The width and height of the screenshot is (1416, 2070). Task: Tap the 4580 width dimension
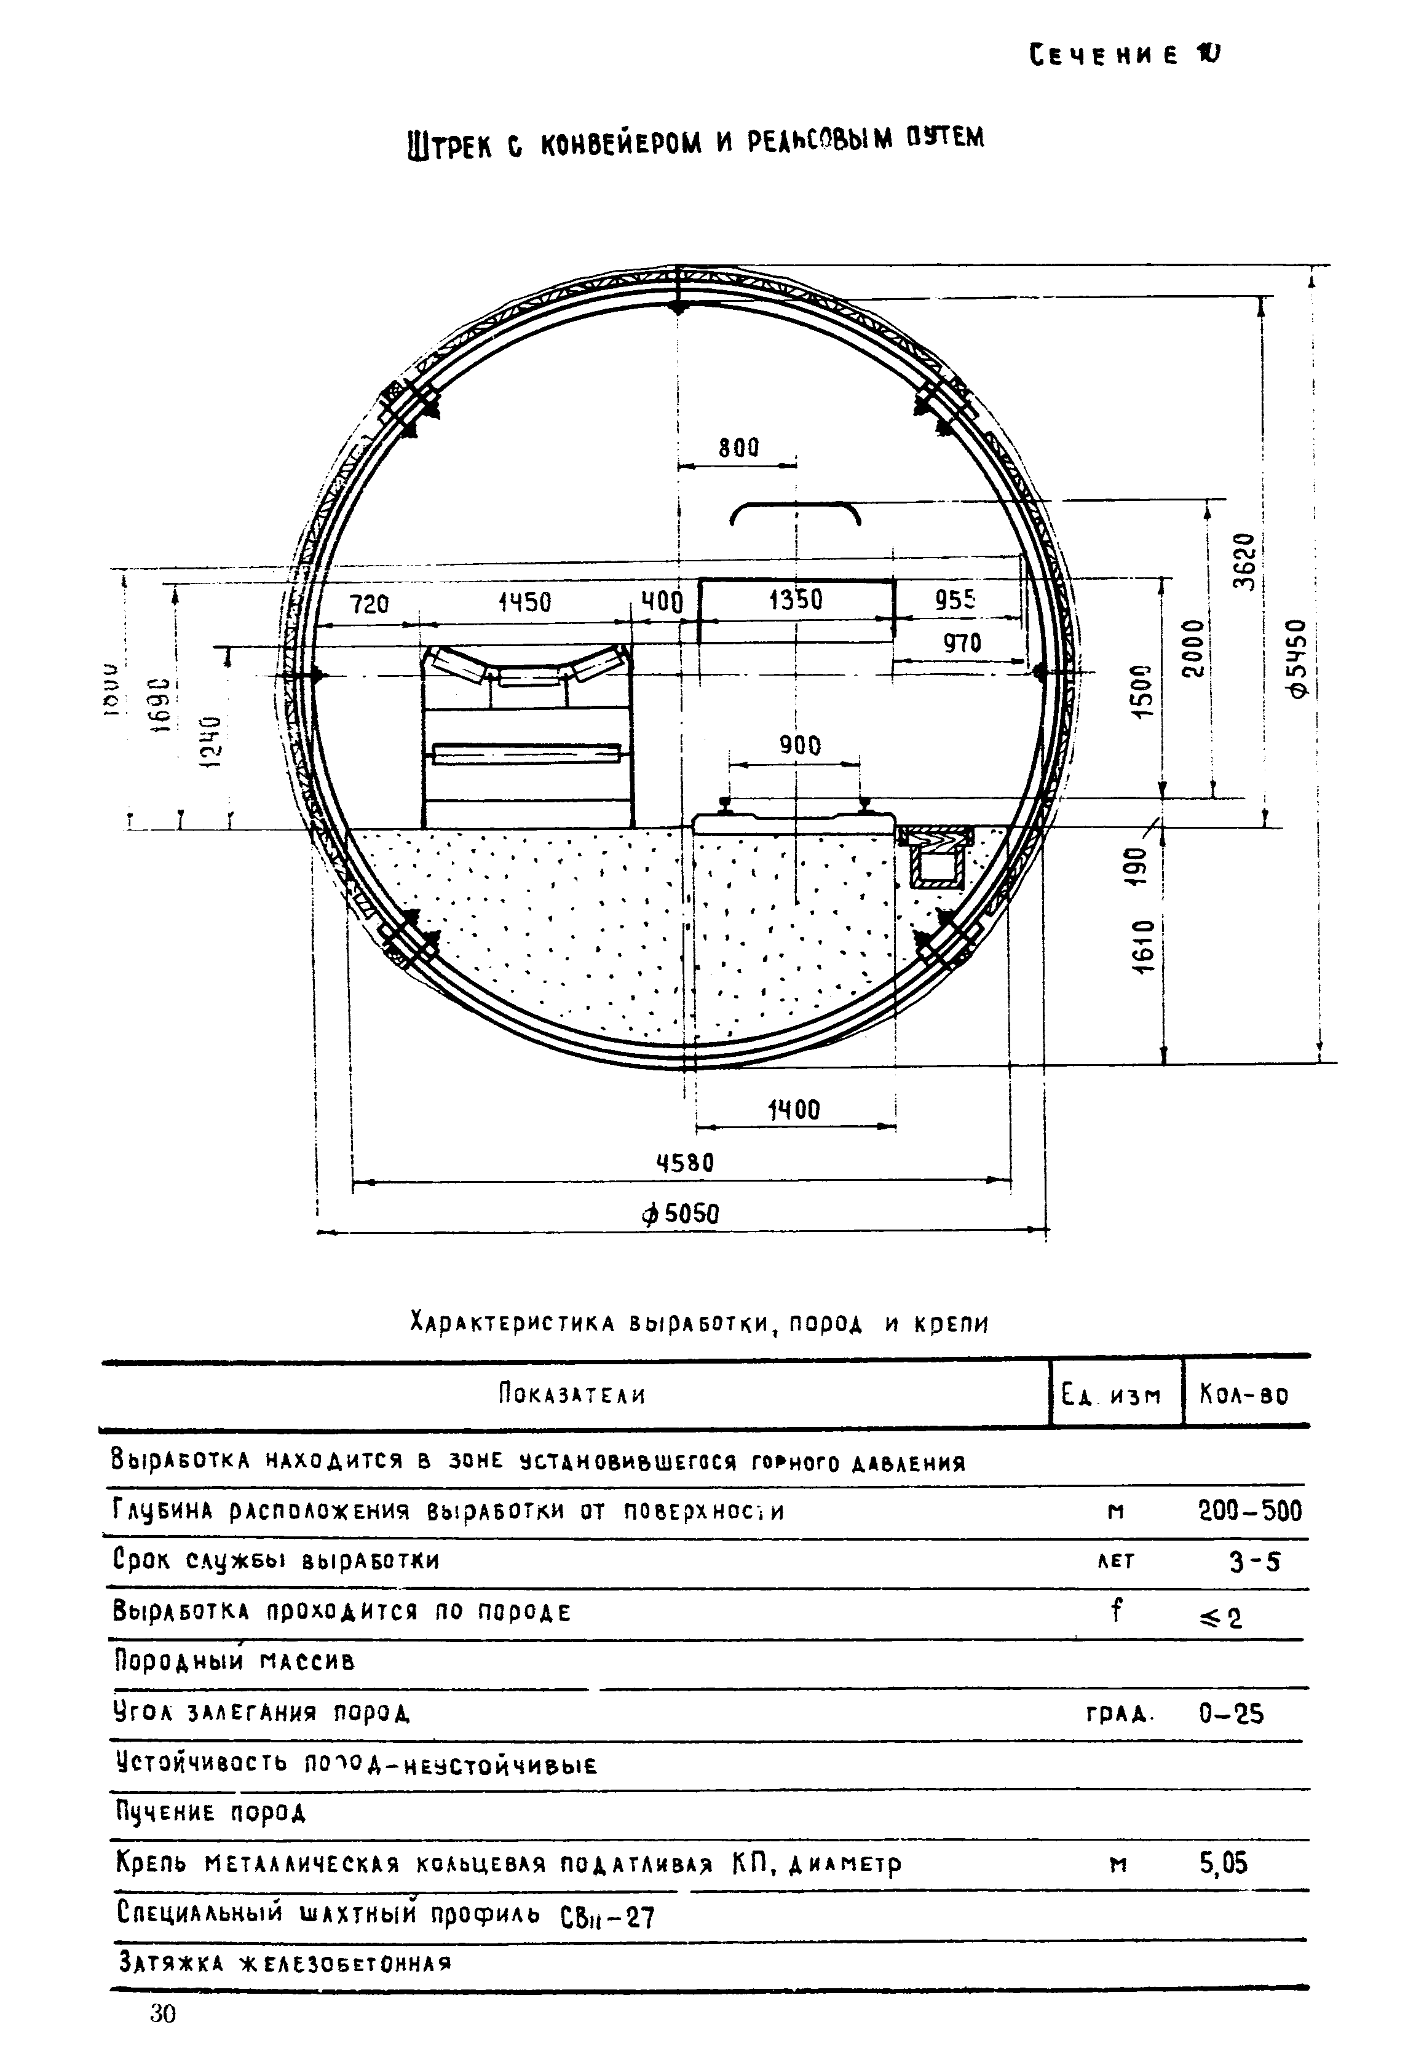[x=685, y=1163]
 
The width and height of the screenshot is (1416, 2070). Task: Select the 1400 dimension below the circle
[x=794, y=1110]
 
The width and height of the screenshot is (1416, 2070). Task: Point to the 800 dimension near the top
[x=738, y=447]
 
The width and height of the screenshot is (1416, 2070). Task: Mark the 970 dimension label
[x=961, y=642]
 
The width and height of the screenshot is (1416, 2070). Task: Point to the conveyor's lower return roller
[x=526, y=754]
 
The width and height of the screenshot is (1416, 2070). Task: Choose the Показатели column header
[x=572, y=1394]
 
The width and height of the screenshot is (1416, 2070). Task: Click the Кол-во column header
[x=1244, y=1394]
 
